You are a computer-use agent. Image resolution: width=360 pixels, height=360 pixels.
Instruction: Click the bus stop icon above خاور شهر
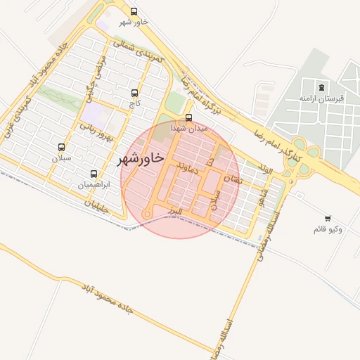point(134,11)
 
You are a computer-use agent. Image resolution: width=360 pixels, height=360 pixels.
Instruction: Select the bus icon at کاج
point(134,93)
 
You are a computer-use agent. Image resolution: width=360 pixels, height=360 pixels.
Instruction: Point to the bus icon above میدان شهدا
point(188,118)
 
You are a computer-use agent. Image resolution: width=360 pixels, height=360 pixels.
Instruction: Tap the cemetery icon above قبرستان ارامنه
point(321,87)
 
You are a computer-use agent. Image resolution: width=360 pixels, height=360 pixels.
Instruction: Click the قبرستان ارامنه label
point(321,98)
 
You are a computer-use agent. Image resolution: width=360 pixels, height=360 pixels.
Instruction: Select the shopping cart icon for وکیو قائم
point(328,219)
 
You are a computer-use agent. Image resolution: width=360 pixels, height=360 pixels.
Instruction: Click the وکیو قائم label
point(328,230)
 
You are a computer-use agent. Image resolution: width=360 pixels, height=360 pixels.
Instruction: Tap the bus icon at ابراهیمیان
point(94,174)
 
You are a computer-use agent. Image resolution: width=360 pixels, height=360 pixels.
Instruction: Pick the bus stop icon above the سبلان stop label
point(61,148)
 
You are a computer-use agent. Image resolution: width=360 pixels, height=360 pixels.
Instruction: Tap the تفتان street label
point(231,180)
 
